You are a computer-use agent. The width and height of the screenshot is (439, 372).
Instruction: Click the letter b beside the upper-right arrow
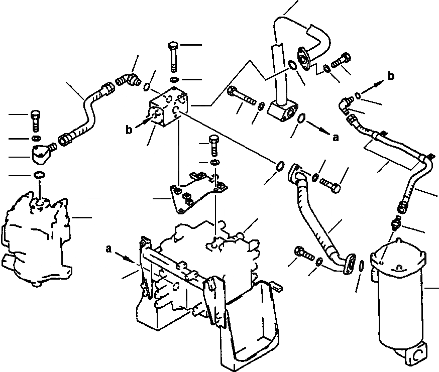(x=391, y=76)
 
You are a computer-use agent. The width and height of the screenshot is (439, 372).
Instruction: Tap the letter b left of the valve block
(x=130, y=130)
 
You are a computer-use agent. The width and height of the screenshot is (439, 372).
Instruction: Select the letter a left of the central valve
(x=108, y=249)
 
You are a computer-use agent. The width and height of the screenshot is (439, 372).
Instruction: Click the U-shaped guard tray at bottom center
(x=246, y=321)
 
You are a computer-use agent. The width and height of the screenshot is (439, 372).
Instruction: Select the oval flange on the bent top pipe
(x=305, y=56)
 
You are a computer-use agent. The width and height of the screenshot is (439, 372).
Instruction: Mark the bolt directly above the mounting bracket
(x=213, y=146)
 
